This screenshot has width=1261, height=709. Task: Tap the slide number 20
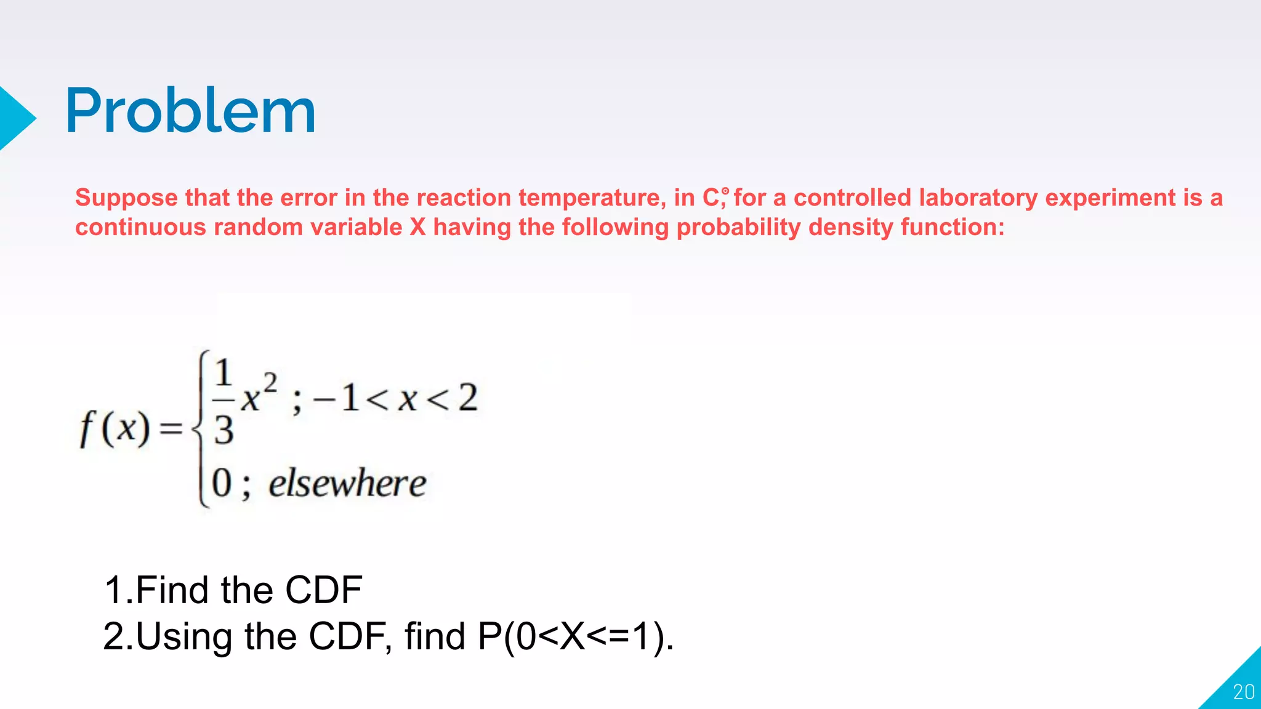coord(1243,692)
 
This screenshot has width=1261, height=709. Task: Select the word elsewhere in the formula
coord(347,483)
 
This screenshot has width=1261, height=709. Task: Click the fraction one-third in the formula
coord(224,401)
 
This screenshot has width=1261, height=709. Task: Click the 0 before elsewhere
coord(222,483)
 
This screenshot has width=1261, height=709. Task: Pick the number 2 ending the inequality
coord(468,398)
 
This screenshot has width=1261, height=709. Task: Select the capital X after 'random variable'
coord(417,227)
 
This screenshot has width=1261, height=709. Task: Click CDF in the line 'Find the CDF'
coord(324,590)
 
